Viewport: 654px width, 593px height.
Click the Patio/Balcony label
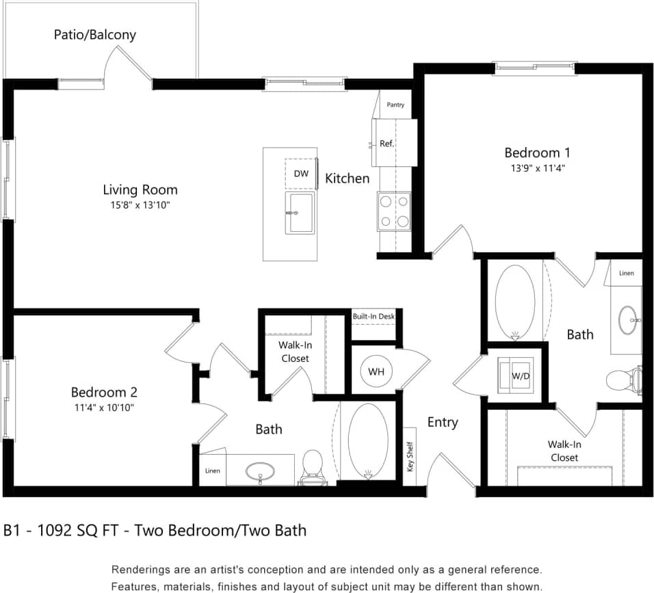coord(94,34)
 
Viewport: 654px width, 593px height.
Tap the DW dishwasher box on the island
coord(301,174)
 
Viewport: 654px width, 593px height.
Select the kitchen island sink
coord(300,213)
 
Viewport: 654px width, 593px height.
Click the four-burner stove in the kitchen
coord(394,211)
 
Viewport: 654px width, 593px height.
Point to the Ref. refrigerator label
coord(387,144)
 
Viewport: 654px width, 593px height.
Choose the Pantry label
coord(395,105)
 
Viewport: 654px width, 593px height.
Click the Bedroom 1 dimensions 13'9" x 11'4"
coord(537,167)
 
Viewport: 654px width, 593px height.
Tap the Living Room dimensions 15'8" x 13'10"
coord(140,205)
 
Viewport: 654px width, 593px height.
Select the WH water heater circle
coord(376,372)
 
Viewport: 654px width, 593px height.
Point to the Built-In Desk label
coord(374,317)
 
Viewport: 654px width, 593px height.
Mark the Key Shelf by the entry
coord(410,457)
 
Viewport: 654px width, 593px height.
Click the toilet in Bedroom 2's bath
coord(313,466)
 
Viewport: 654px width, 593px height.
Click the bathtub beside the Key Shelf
coord(368,440)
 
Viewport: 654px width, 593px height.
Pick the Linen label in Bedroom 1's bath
coord(626,273)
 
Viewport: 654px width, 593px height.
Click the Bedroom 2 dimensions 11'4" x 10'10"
coord(104,408)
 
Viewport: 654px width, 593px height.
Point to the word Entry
coord(443,422)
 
